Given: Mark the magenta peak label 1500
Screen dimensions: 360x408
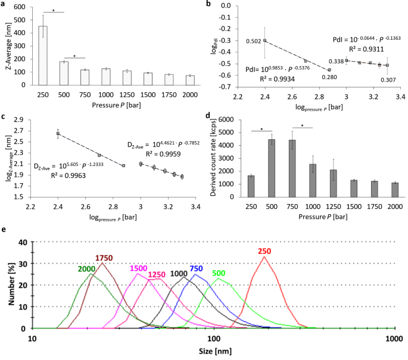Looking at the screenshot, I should (x=139, y=268).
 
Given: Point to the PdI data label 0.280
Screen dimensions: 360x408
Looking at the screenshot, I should (x=329, y=77).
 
